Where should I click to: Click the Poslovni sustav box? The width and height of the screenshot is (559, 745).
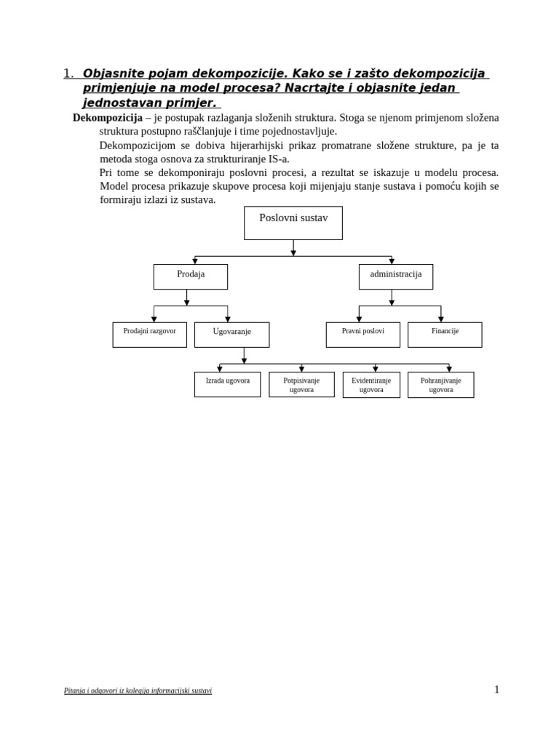tap(293, 223)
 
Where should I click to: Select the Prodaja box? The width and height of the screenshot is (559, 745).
tap(191, 276)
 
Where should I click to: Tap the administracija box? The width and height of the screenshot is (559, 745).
tap(396, 276)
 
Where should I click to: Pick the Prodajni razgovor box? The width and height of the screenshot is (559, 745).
tap(150, 335)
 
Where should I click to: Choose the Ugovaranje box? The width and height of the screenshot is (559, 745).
tap(232, 335)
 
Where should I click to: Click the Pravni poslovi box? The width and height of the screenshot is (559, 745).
tap(363, 335)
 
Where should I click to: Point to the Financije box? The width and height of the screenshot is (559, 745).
tap(445, 335)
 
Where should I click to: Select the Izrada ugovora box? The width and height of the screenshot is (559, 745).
tap(228, 384)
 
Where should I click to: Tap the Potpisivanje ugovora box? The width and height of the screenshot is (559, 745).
tap(301, 384)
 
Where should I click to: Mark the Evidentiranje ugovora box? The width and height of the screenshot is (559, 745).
tap(371, 384)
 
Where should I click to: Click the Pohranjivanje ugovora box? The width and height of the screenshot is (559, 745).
tap(441, 384)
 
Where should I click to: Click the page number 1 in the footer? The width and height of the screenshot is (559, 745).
tap(497, 690)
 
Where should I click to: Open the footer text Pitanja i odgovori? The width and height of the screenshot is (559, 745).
tap(138, 690)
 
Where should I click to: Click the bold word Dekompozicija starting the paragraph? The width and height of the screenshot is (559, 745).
tap(108, 118)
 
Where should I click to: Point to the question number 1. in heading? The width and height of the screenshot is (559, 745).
tap(68, 73)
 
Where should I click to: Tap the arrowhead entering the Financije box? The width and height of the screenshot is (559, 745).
tap(441, 319)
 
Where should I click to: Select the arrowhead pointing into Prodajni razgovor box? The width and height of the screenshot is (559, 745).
tap(154, 319)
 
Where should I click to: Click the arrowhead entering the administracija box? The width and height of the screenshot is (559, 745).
tap(392, 261)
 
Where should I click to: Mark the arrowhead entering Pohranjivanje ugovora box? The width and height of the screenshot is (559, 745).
tap(449, 369)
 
